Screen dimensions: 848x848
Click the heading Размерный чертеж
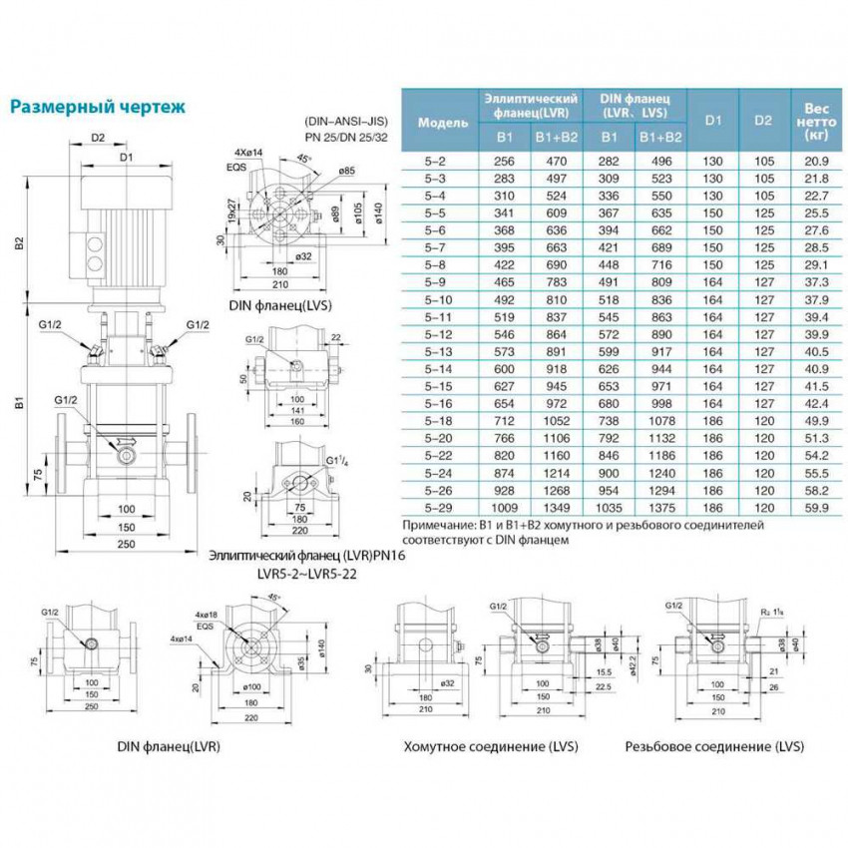pyautogui.click(x=97, y=106)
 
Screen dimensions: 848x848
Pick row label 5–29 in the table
pyautogui.click(x=440, y=508)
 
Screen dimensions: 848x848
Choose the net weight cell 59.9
pyautogui.click(x=816, y=508)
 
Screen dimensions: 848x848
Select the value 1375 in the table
pyautogui.click(x=658, y=508)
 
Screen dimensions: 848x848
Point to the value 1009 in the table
pyautogui.click(x=504, y=508)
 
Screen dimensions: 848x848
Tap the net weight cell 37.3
pyautogui.click(x=816, y=282)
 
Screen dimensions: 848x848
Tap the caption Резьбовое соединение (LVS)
pyautogui.click(x=714, y=745)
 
